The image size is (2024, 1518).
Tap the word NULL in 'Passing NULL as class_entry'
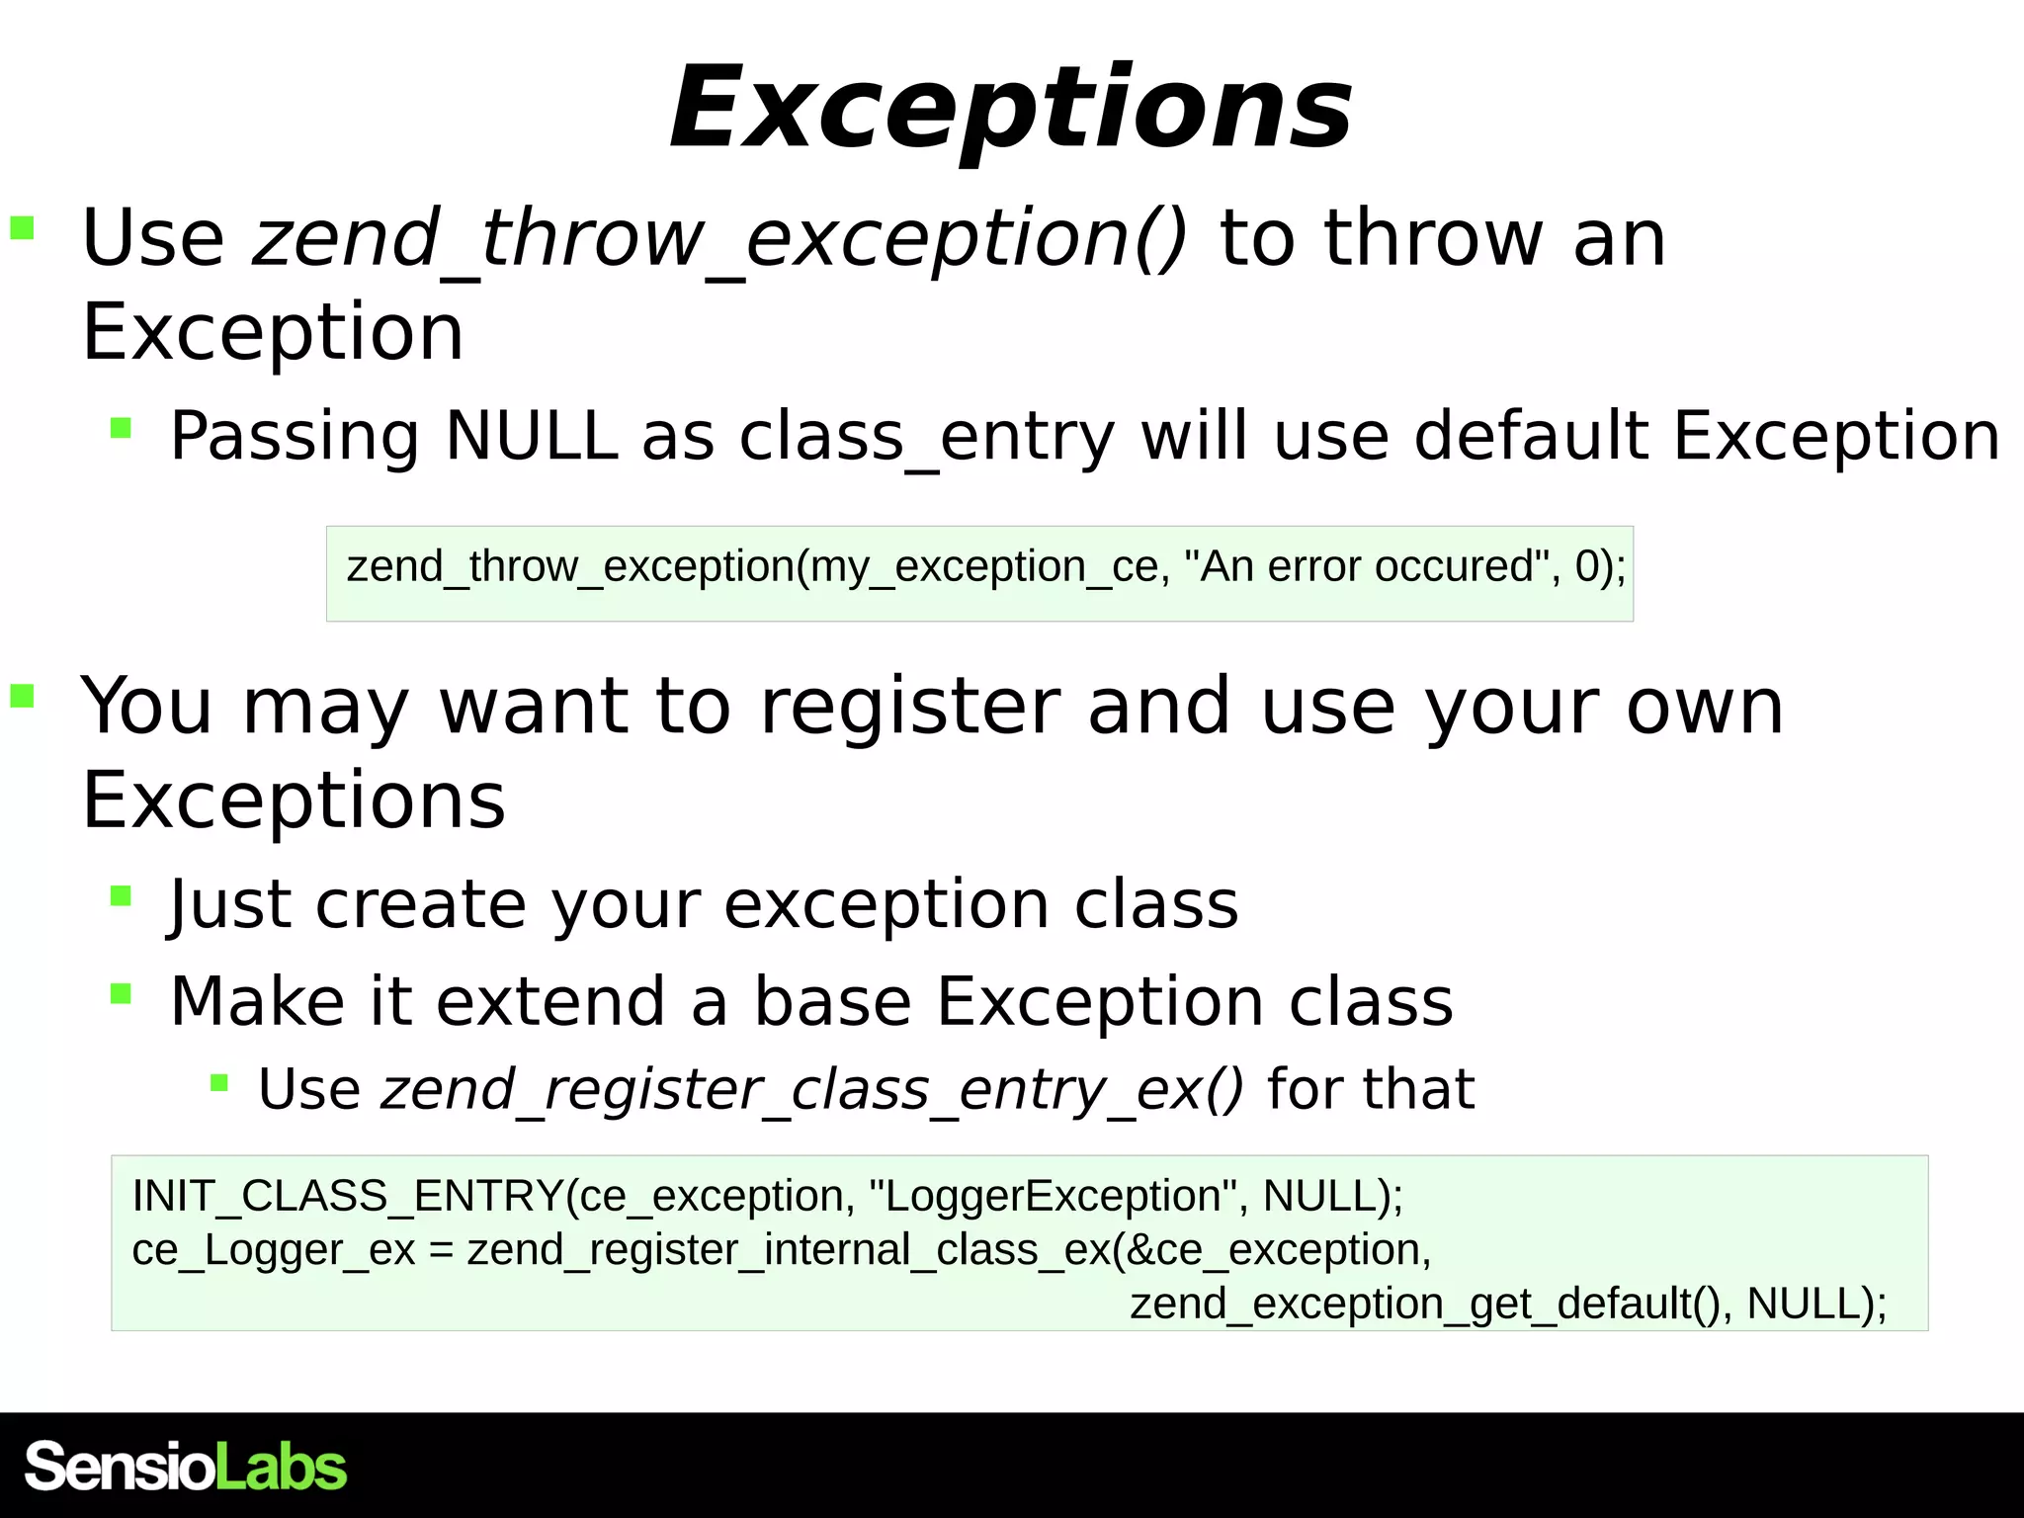531,436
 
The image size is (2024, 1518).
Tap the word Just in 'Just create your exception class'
230,904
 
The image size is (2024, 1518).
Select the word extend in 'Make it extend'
550,1001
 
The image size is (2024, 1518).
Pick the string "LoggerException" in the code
1052,1196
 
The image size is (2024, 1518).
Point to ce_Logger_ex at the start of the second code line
273,1250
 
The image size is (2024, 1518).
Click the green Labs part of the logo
281,1467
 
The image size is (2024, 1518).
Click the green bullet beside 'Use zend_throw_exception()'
23,229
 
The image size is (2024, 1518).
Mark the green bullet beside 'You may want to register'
23,697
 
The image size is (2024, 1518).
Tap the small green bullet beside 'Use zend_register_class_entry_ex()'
219,1083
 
